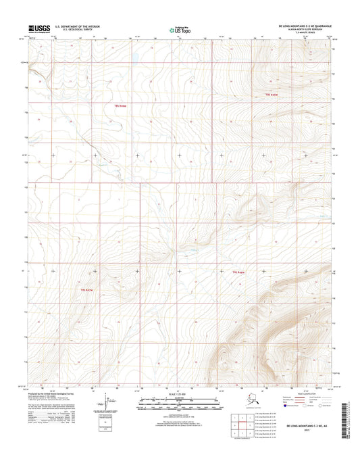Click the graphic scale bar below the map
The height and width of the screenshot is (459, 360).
coord(180,401)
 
